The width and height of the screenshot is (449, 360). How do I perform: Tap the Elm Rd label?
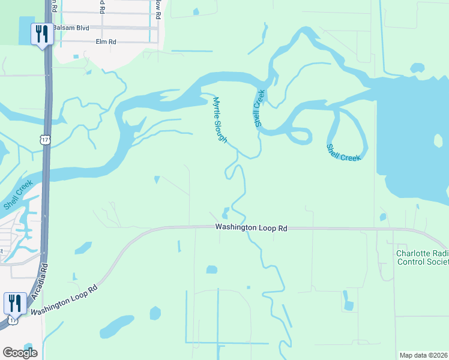(105, 42)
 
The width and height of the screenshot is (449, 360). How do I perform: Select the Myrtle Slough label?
(220, 120)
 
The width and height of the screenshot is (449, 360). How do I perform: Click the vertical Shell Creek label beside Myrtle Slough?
(259, 108)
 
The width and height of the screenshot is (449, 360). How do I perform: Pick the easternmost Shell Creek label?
(343, 152)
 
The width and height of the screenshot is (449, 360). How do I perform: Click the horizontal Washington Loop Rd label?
(252, 228)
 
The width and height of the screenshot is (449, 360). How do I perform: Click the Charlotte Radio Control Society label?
(422, 257)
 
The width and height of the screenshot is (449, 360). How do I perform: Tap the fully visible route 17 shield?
(45, 139)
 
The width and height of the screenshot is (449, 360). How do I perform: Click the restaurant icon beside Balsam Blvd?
(41, 34)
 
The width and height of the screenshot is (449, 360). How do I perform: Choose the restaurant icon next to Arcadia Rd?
(14, 303)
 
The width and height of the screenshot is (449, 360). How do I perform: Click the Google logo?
(20, 353)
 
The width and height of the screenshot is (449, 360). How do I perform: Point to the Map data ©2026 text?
(423, 355)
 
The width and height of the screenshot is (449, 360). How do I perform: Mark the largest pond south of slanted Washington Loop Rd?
(116, 328)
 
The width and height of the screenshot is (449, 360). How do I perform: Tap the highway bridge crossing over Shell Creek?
(46, 174)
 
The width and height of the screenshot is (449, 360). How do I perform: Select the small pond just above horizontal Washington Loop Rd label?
(225, 213)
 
